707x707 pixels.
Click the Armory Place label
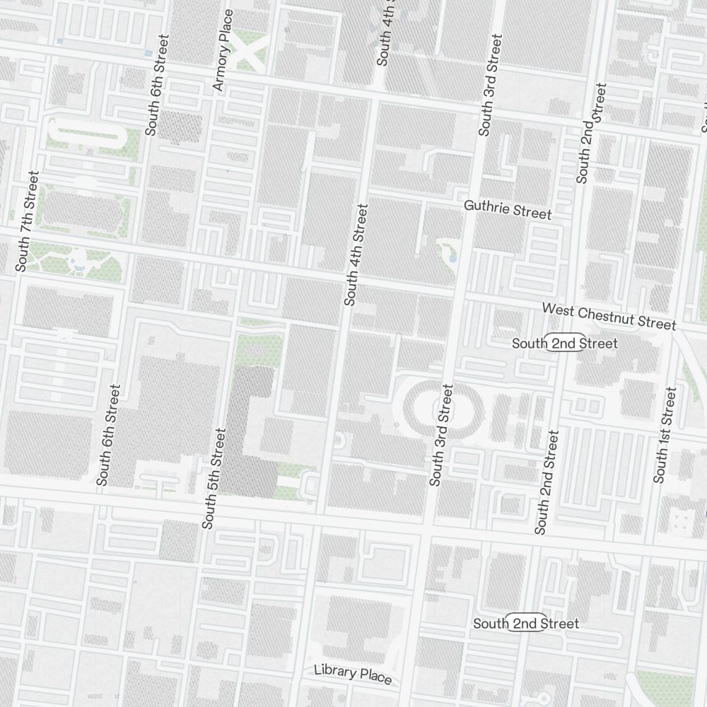(223, 50)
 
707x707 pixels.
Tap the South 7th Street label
(25, 221)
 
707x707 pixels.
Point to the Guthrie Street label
(508, 209)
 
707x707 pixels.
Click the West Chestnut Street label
(609, 317)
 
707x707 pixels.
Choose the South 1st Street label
(665, 435)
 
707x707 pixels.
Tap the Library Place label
(353, 673)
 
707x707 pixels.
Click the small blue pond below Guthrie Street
(452, 259)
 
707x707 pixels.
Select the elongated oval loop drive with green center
(86, 134)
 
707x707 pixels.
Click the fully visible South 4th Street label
(356, 255)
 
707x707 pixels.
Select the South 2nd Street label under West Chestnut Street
(565, 344)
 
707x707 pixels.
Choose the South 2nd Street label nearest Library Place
(526, 624)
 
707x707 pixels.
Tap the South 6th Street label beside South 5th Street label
(109, 435)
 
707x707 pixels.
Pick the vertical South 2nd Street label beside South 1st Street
(547, 482)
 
